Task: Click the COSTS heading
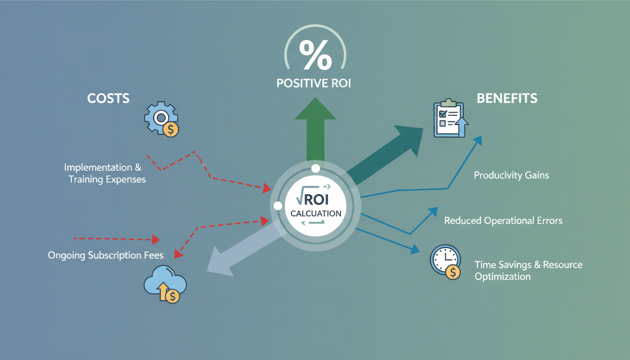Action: pyautogui.click(x=108, y=98)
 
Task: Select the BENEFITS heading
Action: pyautogui.click(x=507, y=98)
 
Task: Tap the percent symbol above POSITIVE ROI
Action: pyautogui.click(x=315, y=54)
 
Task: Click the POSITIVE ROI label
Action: pyautogui.click(x=314, y=84)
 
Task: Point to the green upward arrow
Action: pyautogui.click(x=315, y=131)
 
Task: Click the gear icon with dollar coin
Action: pyautogui.click(x=162, y=120)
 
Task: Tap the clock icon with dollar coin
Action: pyautogui.click(x=445, y=262)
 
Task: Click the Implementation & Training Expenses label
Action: pyautogui.click(x=105, y=173)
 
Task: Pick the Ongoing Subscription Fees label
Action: pyautogui.click(x=105, y=255)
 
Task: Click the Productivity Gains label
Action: pyautogui.click(x=511, y=175)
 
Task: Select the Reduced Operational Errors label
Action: pyautogui.click(x=503, y=220)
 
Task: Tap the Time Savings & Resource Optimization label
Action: pyautogui.click(x=528, y=270)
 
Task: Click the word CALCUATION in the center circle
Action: pyautogui.click(x=315, y=213)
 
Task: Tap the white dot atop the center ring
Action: pyautogui.click(x=315, y=168)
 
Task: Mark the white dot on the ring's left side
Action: pyautogui.click(x=277, y=206)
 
